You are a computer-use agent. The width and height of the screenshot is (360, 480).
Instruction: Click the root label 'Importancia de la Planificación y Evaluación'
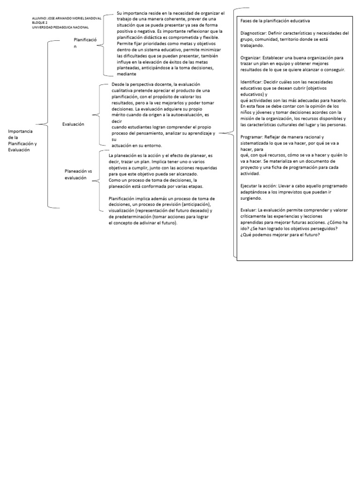click(x=22, y=140)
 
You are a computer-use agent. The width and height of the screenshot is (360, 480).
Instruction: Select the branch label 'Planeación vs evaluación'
click(x=78, y=174)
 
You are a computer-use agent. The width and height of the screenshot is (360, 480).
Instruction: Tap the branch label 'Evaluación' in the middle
click(x=73, y=124)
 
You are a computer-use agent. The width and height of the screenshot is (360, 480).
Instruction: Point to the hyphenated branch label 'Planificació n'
click(x=85, y=43)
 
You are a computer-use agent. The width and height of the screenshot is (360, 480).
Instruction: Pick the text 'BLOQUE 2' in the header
click(x=40, y=22)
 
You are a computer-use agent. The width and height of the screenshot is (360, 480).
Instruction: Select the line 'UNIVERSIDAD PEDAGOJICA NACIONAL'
click(x=57, y=27)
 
